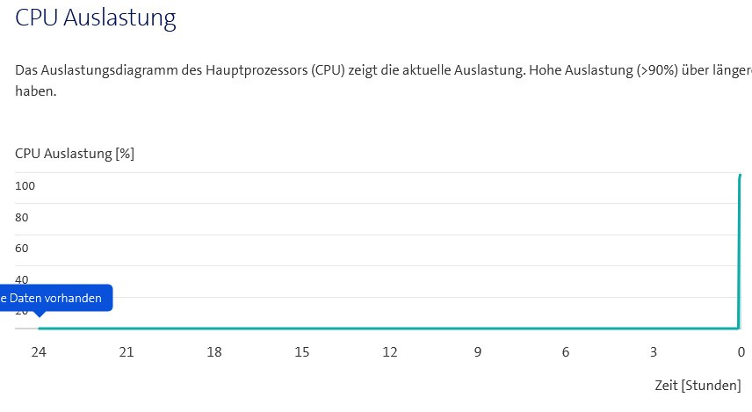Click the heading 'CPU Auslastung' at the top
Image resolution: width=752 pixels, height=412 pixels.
(x=96, y=18)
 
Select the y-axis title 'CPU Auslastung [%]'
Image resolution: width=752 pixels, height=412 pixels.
(x=75, y=154)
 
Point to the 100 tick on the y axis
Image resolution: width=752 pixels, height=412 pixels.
(x=25, y=186)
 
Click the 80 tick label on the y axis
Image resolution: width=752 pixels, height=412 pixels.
(x=22, y=217)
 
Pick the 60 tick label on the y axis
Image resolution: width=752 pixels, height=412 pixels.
(x=22, y=249)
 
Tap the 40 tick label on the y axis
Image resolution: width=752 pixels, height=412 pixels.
(x=22, y=279)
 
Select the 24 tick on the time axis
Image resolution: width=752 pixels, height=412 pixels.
(x=39, y=352)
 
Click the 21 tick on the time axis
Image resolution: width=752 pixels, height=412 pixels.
(x=127, y=352)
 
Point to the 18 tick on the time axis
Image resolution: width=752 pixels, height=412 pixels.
(x=214, y=352)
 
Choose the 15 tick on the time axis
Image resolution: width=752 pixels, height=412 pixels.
(x=302, y=352)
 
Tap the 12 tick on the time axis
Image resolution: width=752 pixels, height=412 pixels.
(x=390, y=352)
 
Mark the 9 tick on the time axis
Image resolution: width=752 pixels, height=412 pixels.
(x=478, y=352)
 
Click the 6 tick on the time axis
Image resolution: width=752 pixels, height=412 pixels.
(x=566, y=352)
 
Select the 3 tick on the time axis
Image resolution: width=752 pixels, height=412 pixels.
(x=654, y=352)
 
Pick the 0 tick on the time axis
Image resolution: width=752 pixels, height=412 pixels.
(x=741, y=352)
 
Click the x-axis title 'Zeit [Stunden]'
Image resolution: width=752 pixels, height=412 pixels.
(x=698, y=386)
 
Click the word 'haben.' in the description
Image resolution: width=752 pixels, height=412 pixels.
(x=36, y=90)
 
